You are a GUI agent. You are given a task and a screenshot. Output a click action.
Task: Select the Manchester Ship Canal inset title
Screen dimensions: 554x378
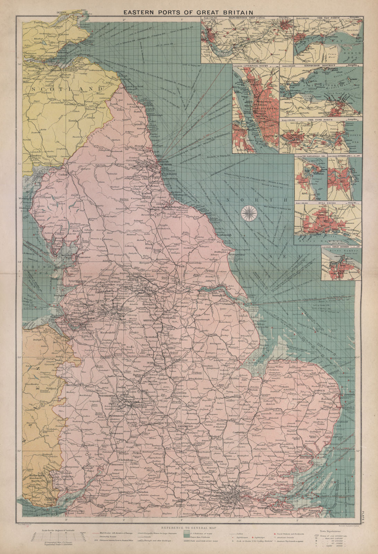(247, 17)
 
